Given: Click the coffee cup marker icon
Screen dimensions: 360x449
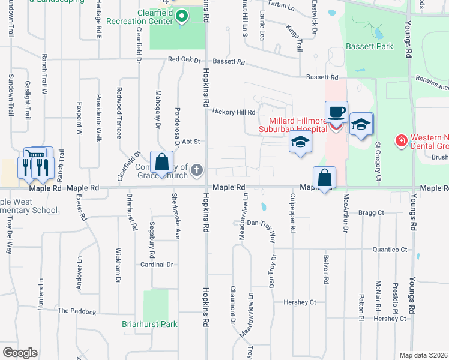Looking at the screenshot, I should click(336, 112).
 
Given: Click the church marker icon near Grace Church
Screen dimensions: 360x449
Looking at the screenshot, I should click(196, 172).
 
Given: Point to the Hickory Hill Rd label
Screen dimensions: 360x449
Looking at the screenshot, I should click(235, 111).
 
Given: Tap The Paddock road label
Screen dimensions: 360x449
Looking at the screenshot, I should click(77, 311).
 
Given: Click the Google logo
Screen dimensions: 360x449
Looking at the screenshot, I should click(20, 353).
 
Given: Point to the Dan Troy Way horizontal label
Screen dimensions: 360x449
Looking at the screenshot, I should click(261, 223).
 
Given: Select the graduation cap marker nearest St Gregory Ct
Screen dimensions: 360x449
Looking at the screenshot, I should click(361, 124).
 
